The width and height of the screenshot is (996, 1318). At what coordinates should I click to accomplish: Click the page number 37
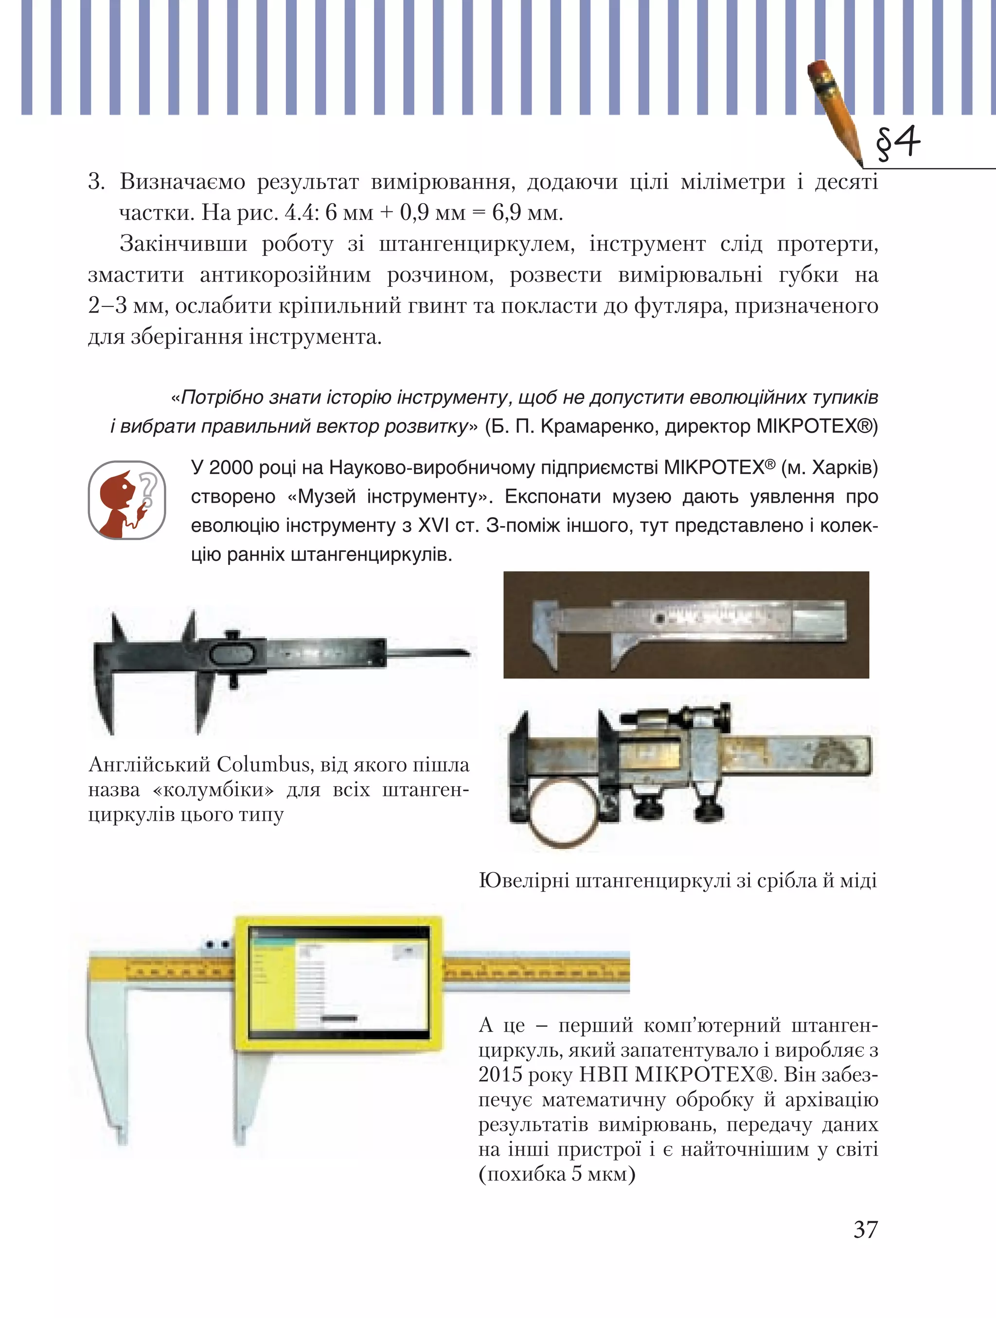(x=866, y=1229)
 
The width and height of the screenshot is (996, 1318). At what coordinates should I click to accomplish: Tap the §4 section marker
(x=898, y=143)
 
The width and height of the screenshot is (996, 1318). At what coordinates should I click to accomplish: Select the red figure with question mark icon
(x=126, y=500)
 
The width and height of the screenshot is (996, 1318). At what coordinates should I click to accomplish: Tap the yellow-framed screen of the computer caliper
(x=338, y=983)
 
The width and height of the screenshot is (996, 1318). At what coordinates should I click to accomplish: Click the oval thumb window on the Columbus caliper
(x=233, y=653)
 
